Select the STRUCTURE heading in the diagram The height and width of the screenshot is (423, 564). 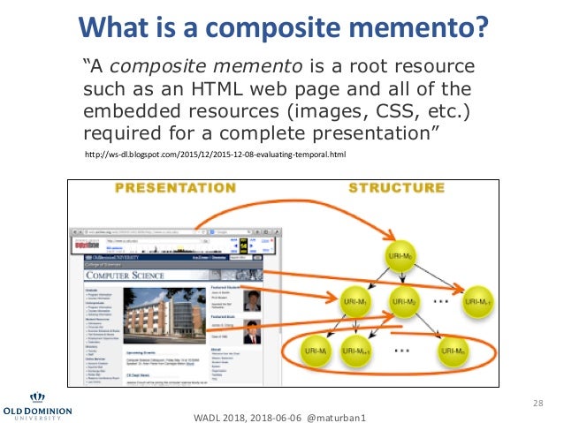tap(396, 188)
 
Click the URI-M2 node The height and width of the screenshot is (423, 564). tap(403, 302)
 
